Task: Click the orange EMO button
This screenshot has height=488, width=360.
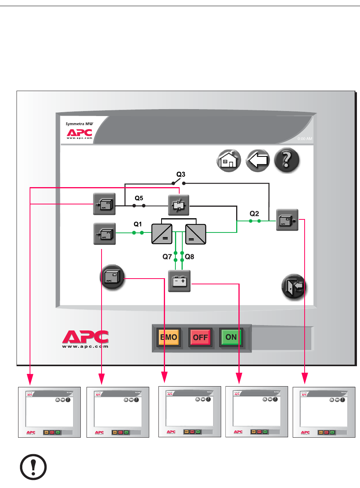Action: pyautogui.click(x=168, y=337)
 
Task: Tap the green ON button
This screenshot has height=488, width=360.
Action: pyautogui.click(x=231, y=337)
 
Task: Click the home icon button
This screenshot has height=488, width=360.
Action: pyautogui.click(x=229, y=159)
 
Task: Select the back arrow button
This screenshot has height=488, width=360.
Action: pyautogui.click(x=258, y=159)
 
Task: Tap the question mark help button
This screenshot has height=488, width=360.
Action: pyautogui.click(x=287, y=159)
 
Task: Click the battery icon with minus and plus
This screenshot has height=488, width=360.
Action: pyautogui.click(x=179, y=281)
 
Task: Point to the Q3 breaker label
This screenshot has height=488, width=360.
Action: pyautogui.click(x=181, y=174)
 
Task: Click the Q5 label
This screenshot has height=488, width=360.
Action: pyautogui.click(x=139, y=199)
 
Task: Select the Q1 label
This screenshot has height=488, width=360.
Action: pyautogui.click(x=138, y=224)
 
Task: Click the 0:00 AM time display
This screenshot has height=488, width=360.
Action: pyautogui.click(x=305, y=139)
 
